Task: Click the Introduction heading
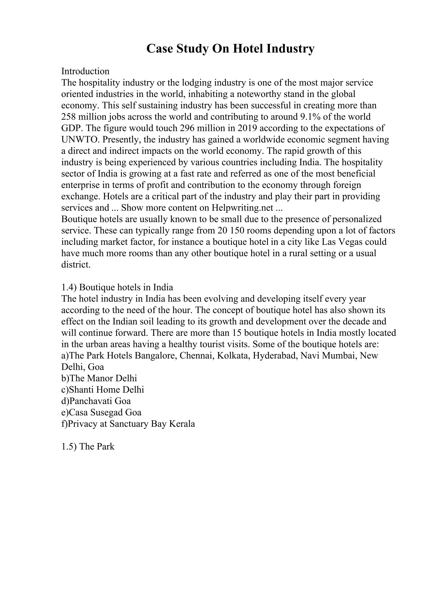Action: pos(85,71)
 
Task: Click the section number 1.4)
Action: pos(69,287)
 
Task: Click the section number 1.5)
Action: pos(69,447)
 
